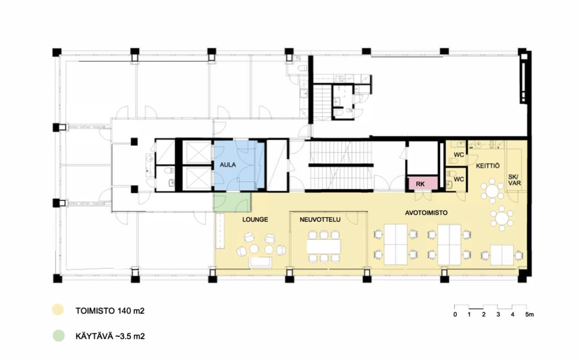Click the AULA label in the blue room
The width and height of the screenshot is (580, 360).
[228, 165]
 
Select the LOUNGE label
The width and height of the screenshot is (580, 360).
[255, 220]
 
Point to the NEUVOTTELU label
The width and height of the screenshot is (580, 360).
[320, 220]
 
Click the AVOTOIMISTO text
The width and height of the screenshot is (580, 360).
[426, 213]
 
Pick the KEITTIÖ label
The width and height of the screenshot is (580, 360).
[488, 166]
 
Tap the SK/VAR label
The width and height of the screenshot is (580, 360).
[514, 180]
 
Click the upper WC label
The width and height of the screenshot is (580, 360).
[459, 155]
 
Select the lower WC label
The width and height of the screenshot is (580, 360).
[459, 179]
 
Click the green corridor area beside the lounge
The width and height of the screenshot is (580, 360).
[232, 202]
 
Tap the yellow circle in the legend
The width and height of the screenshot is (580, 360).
[58, 310]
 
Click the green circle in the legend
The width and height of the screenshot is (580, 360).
[58, 336]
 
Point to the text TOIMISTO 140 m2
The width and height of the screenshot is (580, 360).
[110, 311]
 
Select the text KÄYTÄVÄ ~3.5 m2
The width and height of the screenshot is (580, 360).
[110, 336]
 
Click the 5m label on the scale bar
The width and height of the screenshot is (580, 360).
[530, 315]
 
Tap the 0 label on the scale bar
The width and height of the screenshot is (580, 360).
[455, 315]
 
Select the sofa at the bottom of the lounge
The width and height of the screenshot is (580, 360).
[261, 262]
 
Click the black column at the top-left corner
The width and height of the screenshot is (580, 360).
[57, 52]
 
